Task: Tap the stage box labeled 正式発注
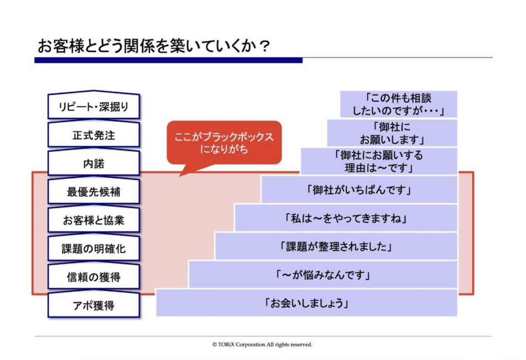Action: (93, 136)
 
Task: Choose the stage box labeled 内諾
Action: (93, 164)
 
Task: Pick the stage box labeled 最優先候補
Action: (93, 193)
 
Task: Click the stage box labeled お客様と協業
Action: (93, 221)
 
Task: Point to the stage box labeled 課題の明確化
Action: (93, 249)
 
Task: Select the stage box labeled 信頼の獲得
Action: (93, 277)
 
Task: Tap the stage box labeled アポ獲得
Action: (93, 306)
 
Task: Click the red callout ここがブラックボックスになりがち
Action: (224, 143)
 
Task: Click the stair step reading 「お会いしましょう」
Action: (307, 303)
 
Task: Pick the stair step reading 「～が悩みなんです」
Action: (323, 275)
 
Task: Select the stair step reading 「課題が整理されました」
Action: (336, 247)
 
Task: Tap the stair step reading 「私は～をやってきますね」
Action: (346, 218)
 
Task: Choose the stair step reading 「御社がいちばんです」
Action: (359, 190)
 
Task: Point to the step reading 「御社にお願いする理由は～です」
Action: (379, 161)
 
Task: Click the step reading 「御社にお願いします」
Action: (392, 133)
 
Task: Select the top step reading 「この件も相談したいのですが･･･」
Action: (399, 104)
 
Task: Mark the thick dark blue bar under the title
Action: (168, 60)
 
